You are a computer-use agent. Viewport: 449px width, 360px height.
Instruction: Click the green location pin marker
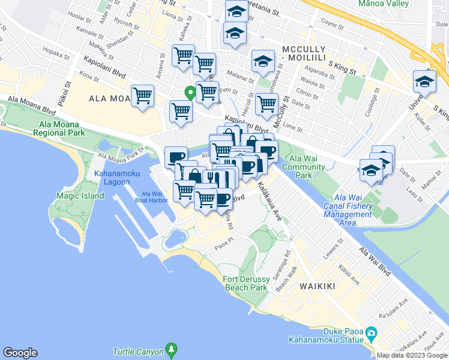190,93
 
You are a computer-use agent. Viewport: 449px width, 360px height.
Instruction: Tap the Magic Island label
76,195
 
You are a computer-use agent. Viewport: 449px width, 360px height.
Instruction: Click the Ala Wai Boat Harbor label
154,197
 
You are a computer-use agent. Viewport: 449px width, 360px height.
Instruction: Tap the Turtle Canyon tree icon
172,349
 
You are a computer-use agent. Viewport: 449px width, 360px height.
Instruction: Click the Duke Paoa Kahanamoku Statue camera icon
371,332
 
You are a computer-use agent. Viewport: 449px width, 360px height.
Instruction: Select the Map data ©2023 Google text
411,355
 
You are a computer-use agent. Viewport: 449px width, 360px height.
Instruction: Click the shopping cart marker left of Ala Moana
143,96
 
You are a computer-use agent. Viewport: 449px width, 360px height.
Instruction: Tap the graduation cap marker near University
424,82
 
